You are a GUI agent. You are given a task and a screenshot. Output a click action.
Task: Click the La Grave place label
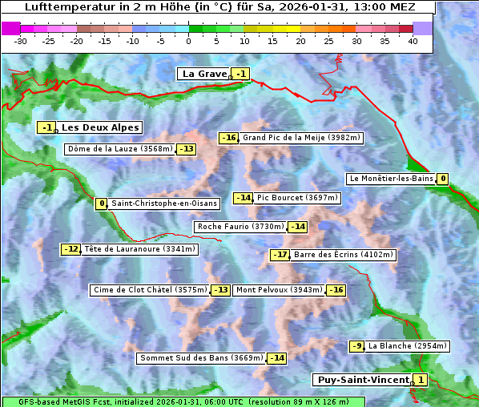pyautogui.click(x=205, y=74)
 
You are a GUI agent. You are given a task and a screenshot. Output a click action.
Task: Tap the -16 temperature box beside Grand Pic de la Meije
pyautogui.click(x=229, y=138)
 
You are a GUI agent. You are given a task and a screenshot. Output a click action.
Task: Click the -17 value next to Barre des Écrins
pyautogui.click(x=280, y=255)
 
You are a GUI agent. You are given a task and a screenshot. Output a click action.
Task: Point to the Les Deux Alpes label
pyautogui.click(x=100, y=127)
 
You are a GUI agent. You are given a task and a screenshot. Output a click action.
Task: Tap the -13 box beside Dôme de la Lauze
pyautogui.click(x=187, y=149)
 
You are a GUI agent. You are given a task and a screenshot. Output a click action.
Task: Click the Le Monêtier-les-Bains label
pyautogui.click(x=390, y=179)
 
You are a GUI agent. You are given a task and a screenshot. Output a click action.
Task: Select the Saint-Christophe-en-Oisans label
pyautogui.click(x=163, y=203)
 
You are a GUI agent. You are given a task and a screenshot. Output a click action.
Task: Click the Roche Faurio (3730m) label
pyautogui.click(x=240, y=227)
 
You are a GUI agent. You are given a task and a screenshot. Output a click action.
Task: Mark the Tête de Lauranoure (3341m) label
pyautogui.click(x=139, y=249)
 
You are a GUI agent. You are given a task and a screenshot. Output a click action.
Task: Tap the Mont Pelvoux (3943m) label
pyautogui.click(x=279, y=290)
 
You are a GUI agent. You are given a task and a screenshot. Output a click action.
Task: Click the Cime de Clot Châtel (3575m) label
pyautogui.click(x=150, y=290)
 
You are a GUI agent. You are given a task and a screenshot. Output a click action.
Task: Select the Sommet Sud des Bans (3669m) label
pyautogui.click(x=201, y=358)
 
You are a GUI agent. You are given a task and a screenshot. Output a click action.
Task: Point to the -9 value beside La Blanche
pyautogui.click(x=356, y=346)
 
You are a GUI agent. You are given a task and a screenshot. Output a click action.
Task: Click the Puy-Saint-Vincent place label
pyautogui.click(x=362, y=380)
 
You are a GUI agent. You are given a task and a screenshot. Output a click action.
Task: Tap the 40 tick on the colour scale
pyautogui.click(x=413, y=40)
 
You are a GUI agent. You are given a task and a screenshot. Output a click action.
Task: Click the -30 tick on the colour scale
pyautogui.click(x=21, y=40)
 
